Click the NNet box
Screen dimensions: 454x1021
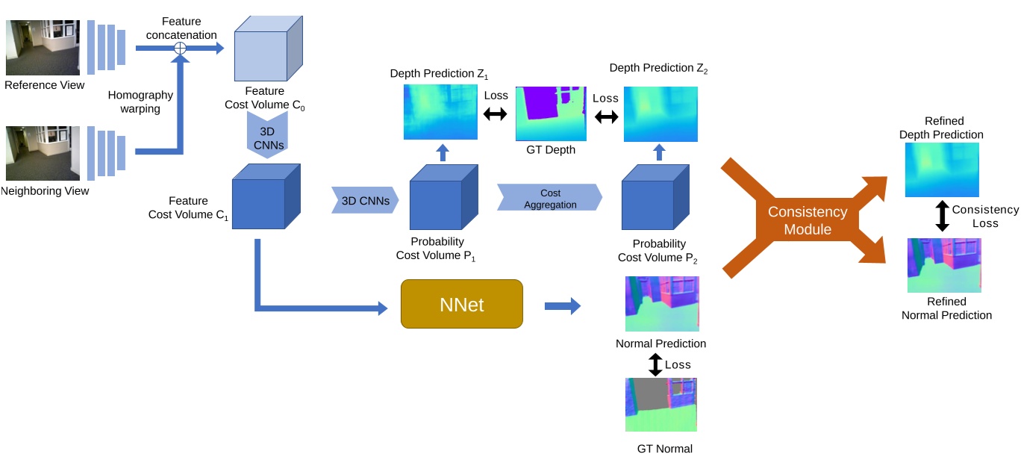[x=461, y=304]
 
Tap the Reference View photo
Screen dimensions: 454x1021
[x=43, y=48]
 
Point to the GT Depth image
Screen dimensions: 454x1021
[x=551, y=113]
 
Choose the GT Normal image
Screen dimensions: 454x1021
[x=661, y=404]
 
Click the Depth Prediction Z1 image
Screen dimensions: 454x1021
[x=440, y=112]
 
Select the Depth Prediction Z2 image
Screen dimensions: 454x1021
[x=661, y=113]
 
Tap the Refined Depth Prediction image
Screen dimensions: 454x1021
[x=943, y=170]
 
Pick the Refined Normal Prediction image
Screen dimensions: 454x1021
[x=944, y=265]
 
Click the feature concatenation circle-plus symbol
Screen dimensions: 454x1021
[x=179, y=48]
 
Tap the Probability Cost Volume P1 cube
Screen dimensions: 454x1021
[x=443, y=198]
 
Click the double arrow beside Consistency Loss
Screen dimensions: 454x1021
[x=942, y=217]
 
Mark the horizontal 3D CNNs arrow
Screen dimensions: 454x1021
[x=365, y=200]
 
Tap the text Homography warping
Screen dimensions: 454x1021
[x=140, y=102]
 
